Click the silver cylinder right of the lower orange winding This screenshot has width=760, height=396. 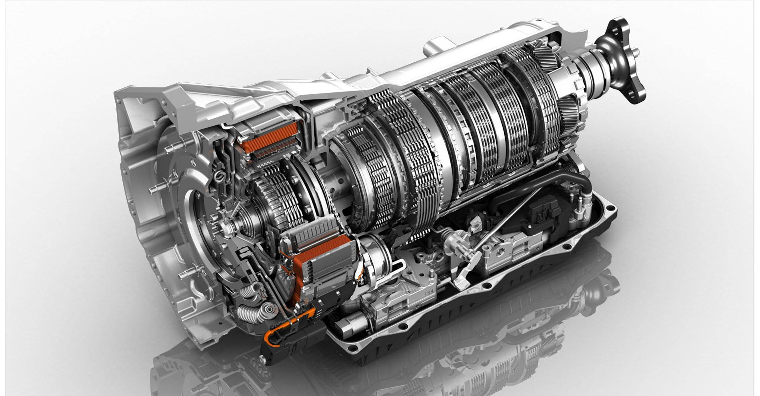(374, 257)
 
